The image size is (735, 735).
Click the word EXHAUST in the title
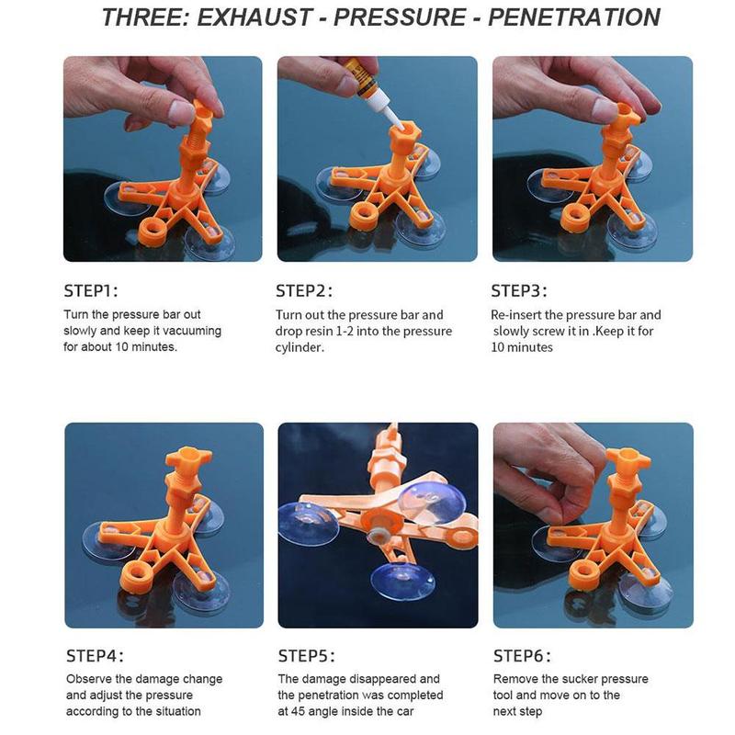pyautogui.click(x=254, y=17)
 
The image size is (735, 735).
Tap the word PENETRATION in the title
pyautogui.click(x=574, y=17)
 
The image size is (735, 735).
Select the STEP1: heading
pyautogui.click(x=91, y=291)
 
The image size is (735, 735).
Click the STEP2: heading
pyautogui.click(x=304, y=291)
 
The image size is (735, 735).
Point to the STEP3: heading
pyautogui.click(x=519, y=291)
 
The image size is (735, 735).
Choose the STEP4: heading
pyautogui.click(x=95, y=656)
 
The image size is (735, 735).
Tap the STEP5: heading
pyautogui.click(x=307, y=656)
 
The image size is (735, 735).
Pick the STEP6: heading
pyautogui.click(x=522, y=656)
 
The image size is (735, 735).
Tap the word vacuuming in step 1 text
pyautogui.click(x=192, y=331)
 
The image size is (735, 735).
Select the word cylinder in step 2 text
pyautogui.click(x=300, y=348)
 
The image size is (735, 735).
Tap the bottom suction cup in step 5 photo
pyautogui.click(x=402, y=582)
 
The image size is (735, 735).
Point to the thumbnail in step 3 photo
pyautogui.click(x=605, y=108)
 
